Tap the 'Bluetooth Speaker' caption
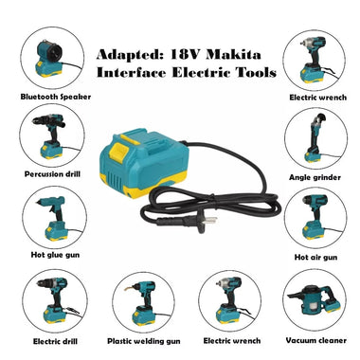pos(45,97)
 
